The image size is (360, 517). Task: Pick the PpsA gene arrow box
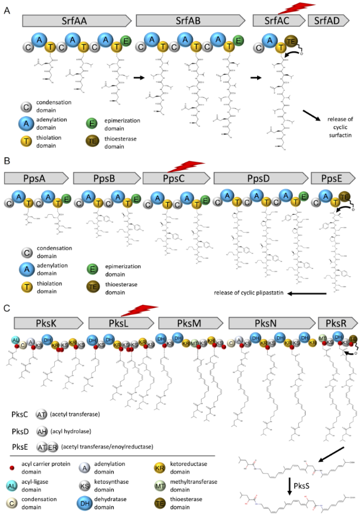tap(36, 178)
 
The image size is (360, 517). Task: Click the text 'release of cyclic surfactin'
tap(331, 123)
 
